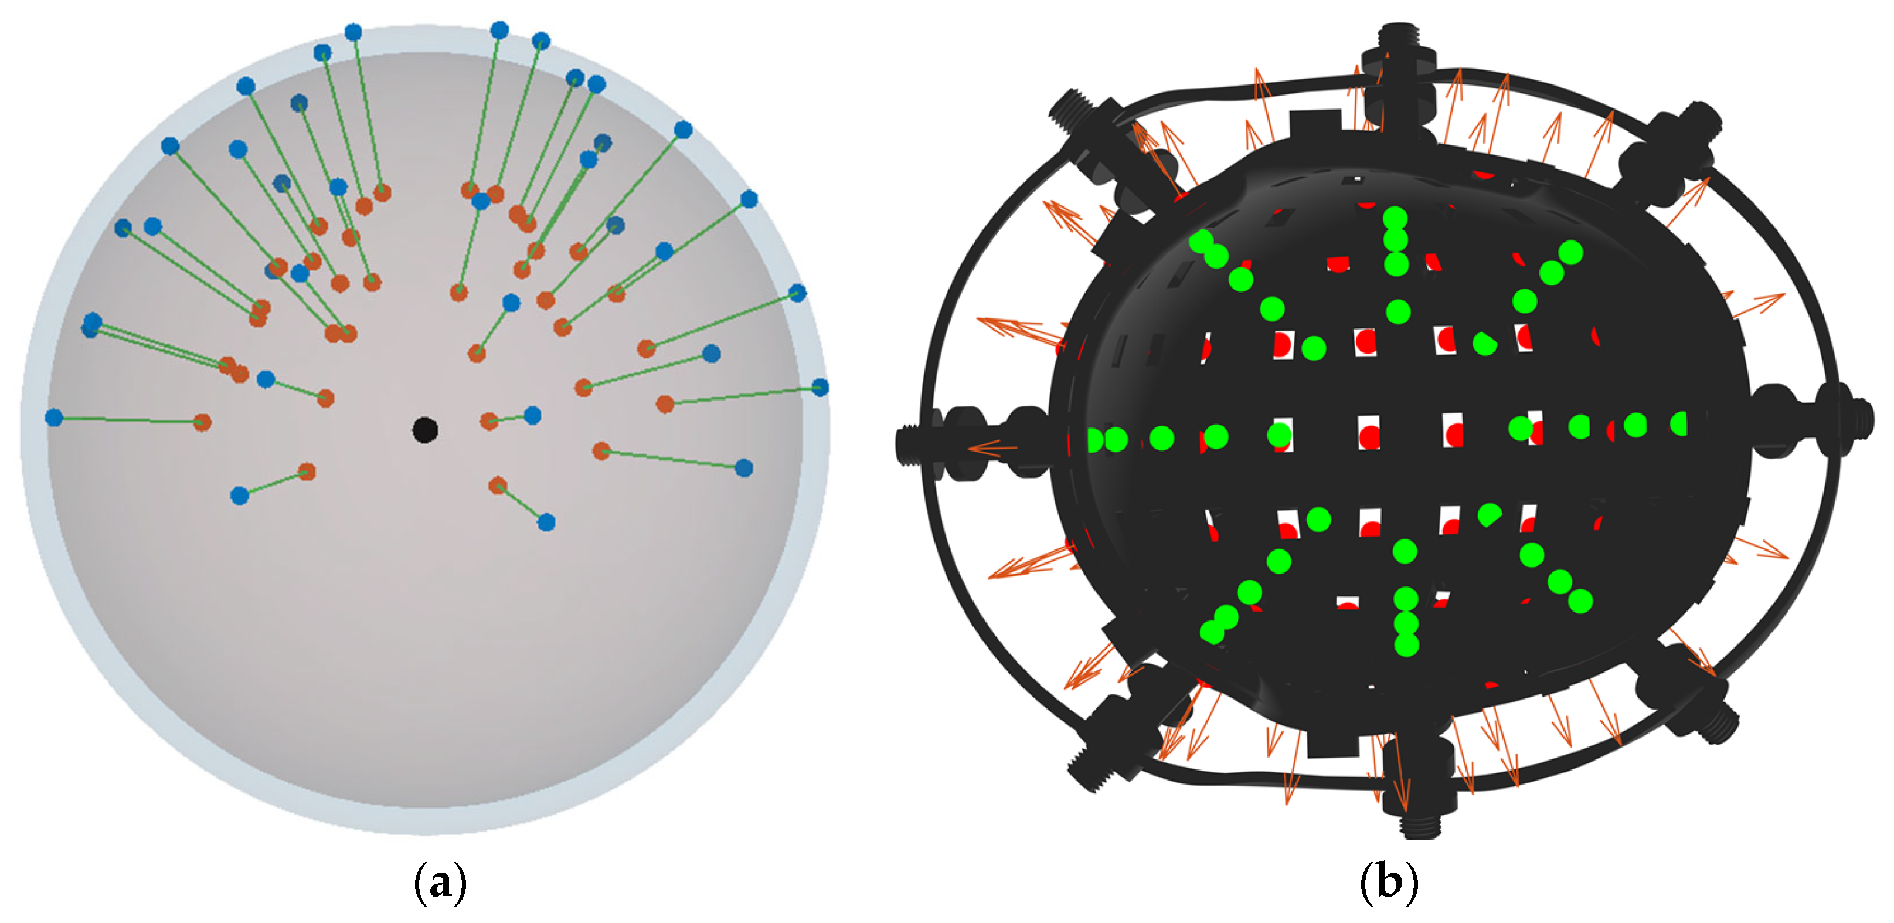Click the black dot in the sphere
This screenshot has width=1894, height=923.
point(425,429)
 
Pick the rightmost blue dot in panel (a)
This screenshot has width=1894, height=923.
point(821,388)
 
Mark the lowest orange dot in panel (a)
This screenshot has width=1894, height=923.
point(498,486)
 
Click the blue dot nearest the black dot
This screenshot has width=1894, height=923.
point(532,416)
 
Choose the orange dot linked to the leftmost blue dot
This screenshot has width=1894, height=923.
point(202,422)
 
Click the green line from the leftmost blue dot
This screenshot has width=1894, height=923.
point(128,420)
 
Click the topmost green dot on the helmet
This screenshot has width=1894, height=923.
point(1395,218)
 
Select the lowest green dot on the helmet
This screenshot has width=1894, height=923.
point(1406,645)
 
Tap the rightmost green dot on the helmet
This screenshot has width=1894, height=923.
point(1679,423)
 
